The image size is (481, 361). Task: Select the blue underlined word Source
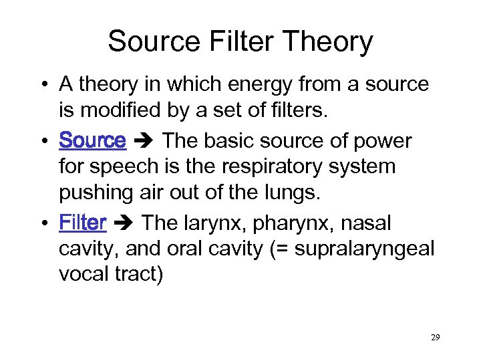click(92, 141)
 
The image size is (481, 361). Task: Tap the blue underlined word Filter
click(83, 222)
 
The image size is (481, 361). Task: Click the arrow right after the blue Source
click(144, 142)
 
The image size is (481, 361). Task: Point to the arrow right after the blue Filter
click(124, 223)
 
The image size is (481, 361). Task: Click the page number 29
click(435, 337)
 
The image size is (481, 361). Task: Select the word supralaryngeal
click(365, 249)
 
